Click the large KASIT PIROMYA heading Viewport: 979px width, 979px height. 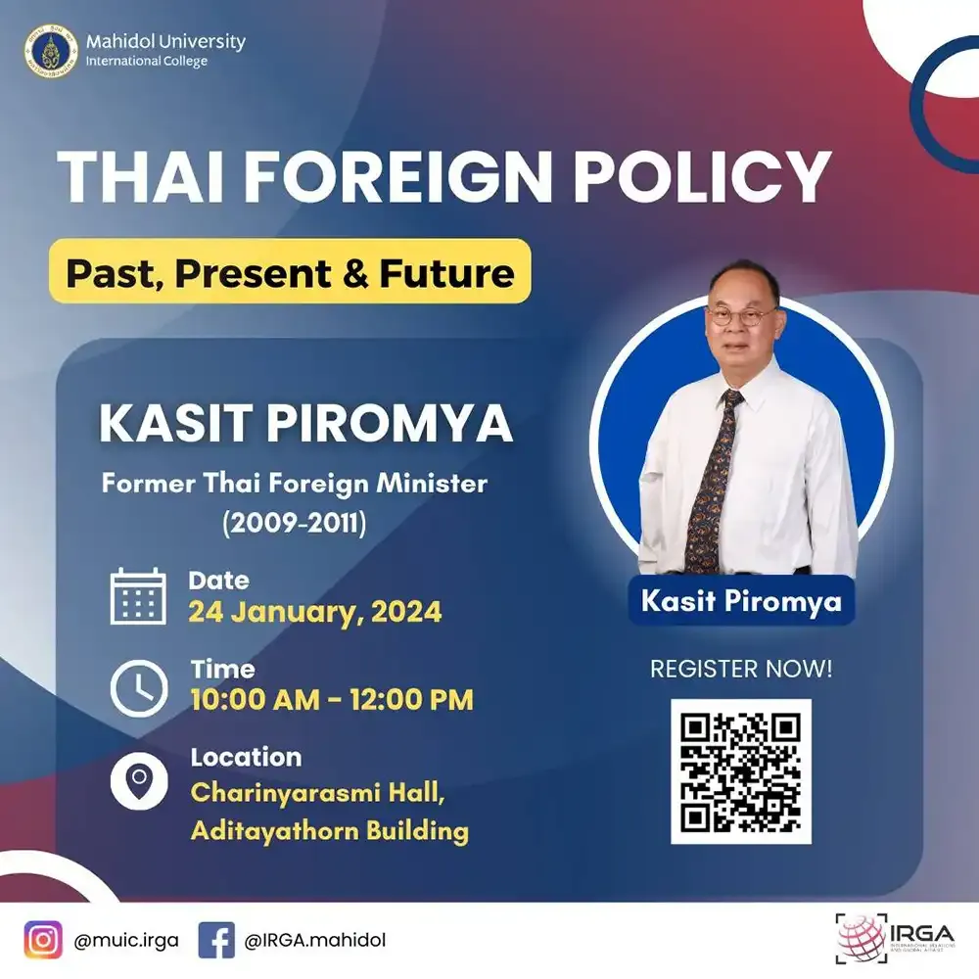[x=306, y=423]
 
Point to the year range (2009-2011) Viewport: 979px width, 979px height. [x=295, y=523]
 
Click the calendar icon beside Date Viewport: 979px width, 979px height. [x=138, y=595]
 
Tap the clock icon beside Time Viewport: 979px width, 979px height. [x=138, y=688]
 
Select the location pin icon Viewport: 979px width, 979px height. [x=138, y=781]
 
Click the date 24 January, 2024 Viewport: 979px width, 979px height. [x=315, y=613]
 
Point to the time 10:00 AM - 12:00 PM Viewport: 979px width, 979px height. [x=332, y=700]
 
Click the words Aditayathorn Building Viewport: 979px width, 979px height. [x=329, y=832]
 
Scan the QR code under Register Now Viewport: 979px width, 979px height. [x=741, y=771]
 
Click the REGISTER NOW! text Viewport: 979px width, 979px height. [x=741, y=670]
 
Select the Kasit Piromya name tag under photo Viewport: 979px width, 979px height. [x=741, y=600]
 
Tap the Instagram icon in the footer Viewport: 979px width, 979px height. [x=43, y=941]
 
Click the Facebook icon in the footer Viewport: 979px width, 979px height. [x=216, y=941]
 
